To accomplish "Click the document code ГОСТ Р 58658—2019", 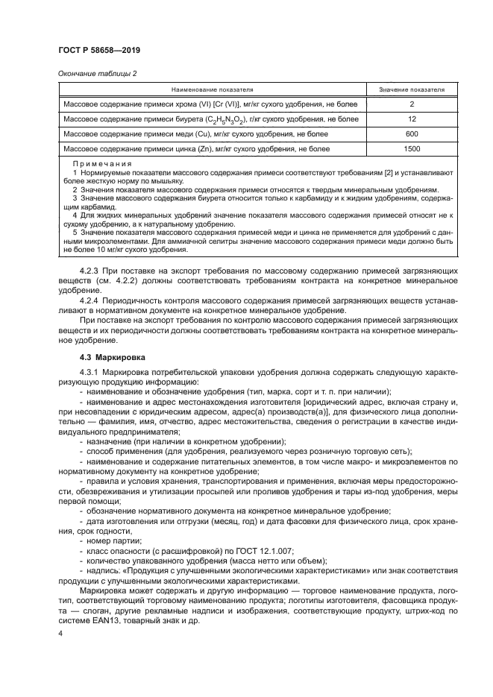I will pos(99,50).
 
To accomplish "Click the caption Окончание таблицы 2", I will pos(96,73).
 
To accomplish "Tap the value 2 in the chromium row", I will pos(412,104).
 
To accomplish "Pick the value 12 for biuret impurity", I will pos(412,119).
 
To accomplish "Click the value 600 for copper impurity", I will pos(412,134).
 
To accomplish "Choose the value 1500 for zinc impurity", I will pos(412,149).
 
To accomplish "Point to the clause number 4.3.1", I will pos(90,373).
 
